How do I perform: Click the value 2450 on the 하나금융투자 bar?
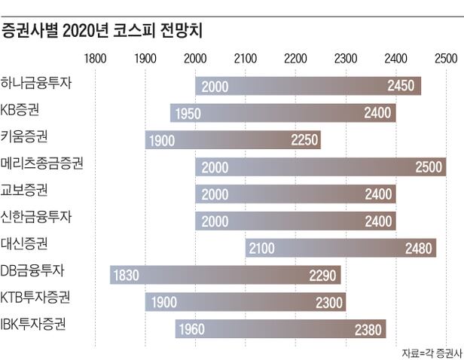point(401,86)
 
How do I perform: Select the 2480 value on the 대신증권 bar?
point(418,248)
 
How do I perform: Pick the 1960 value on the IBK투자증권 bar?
point(194,329)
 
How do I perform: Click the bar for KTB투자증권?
point(245,302)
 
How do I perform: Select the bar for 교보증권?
point(295,194)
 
